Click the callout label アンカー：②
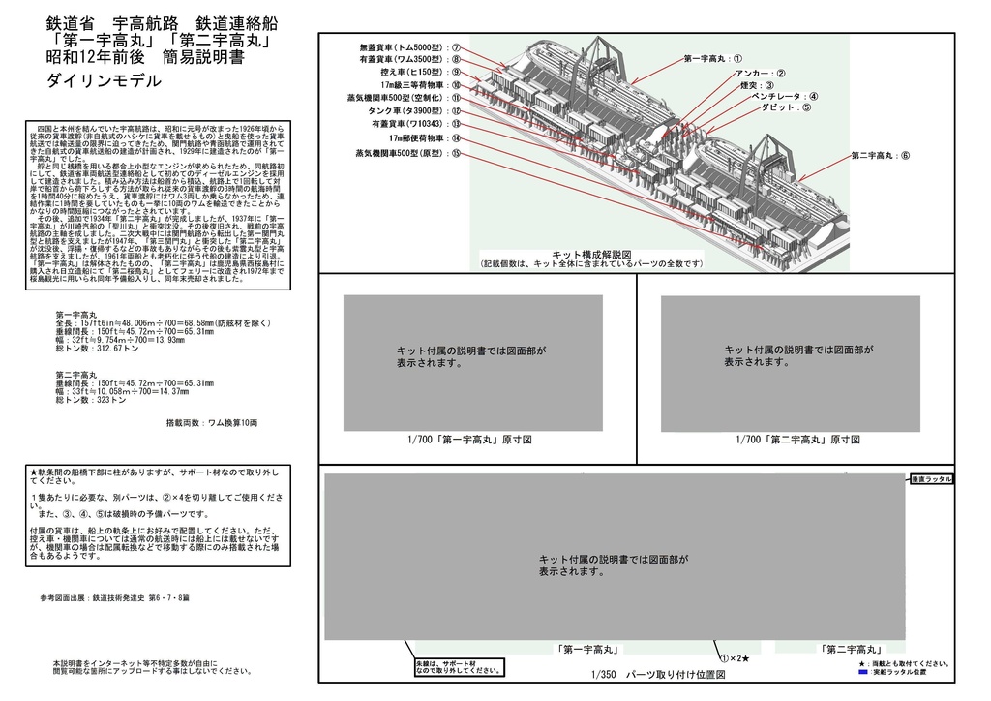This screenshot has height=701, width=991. [x=760, y=73]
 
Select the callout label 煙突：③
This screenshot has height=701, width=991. [x=757, y=85]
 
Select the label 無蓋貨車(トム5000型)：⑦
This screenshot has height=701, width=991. [x=408, y=46]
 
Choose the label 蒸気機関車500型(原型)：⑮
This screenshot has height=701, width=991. [x=407, y=153]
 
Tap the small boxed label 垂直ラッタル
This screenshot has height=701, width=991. [x=932, y=479]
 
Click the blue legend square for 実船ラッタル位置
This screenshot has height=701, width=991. [x=862, y=670]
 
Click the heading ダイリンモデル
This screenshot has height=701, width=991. [x=104, y=82]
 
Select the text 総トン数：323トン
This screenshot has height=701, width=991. [x=92, y=399]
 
